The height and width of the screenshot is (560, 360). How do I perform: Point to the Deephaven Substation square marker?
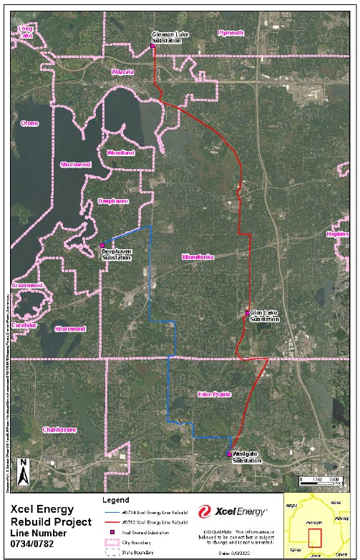[x=102, y=245]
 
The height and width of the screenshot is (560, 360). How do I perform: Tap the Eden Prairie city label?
[x=215, y=395]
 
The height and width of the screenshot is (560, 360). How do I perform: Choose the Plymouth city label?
[x=230, y=33]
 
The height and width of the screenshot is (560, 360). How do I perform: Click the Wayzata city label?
[x=122, y=73]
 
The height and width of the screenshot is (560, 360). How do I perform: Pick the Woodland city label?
[x=120, y=153]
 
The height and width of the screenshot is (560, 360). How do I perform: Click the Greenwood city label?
[x=27, y=285]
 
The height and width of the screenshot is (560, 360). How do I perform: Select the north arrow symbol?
[x=23, y=470]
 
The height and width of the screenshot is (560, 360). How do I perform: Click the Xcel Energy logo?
[x=233, y=511]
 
